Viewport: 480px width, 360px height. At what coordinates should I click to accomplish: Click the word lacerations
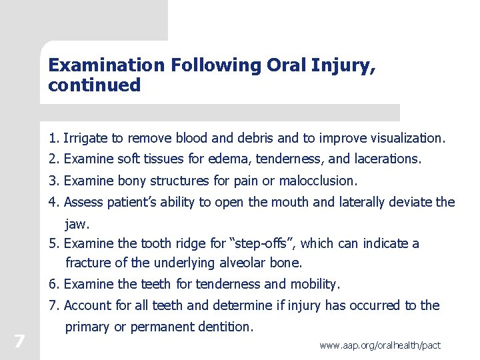389,159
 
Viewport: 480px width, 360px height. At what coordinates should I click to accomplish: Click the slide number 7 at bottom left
19,342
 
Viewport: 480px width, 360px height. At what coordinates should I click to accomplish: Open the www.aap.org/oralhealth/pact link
380,345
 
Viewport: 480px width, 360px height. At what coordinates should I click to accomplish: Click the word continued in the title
95,85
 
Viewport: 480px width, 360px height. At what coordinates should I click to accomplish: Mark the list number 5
53,244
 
